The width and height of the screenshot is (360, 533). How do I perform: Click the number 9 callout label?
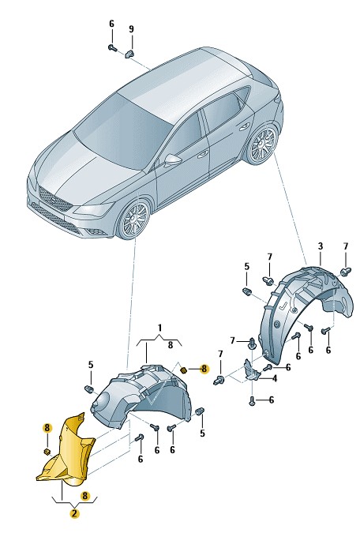point(131,29)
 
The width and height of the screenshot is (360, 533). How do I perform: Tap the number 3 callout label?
point(321,246)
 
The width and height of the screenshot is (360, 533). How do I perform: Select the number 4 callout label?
point(274,378)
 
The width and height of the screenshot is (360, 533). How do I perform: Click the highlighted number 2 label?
point(75,513)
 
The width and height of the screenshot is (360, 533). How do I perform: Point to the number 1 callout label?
point(159,328)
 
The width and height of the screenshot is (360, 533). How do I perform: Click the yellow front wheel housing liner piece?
point(66,450)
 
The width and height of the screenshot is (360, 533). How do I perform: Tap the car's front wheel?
point(134,220)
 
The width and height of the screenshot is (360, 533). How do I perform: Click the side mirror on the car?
point(172,159)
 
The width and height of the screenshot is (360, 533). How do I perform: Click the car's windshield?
point(122,131)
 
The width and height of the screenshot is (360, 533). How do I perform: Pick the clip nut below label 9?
point(129,54)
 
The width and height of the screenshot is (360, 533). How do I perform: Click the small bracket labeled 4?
point(251,370)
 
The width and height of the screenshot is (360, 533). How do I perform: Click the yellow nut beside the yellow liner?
point(47,452)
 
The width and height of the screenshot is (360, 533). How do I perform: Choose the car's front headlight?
point(94,208)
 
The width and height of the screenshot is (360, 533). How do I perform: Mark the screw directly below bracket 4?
point(252,400)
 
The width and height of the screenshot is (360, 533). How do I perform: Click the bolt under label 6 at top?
point(112,47)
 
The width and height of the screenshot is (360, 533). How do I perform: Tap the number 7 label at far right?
point(345,246)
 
